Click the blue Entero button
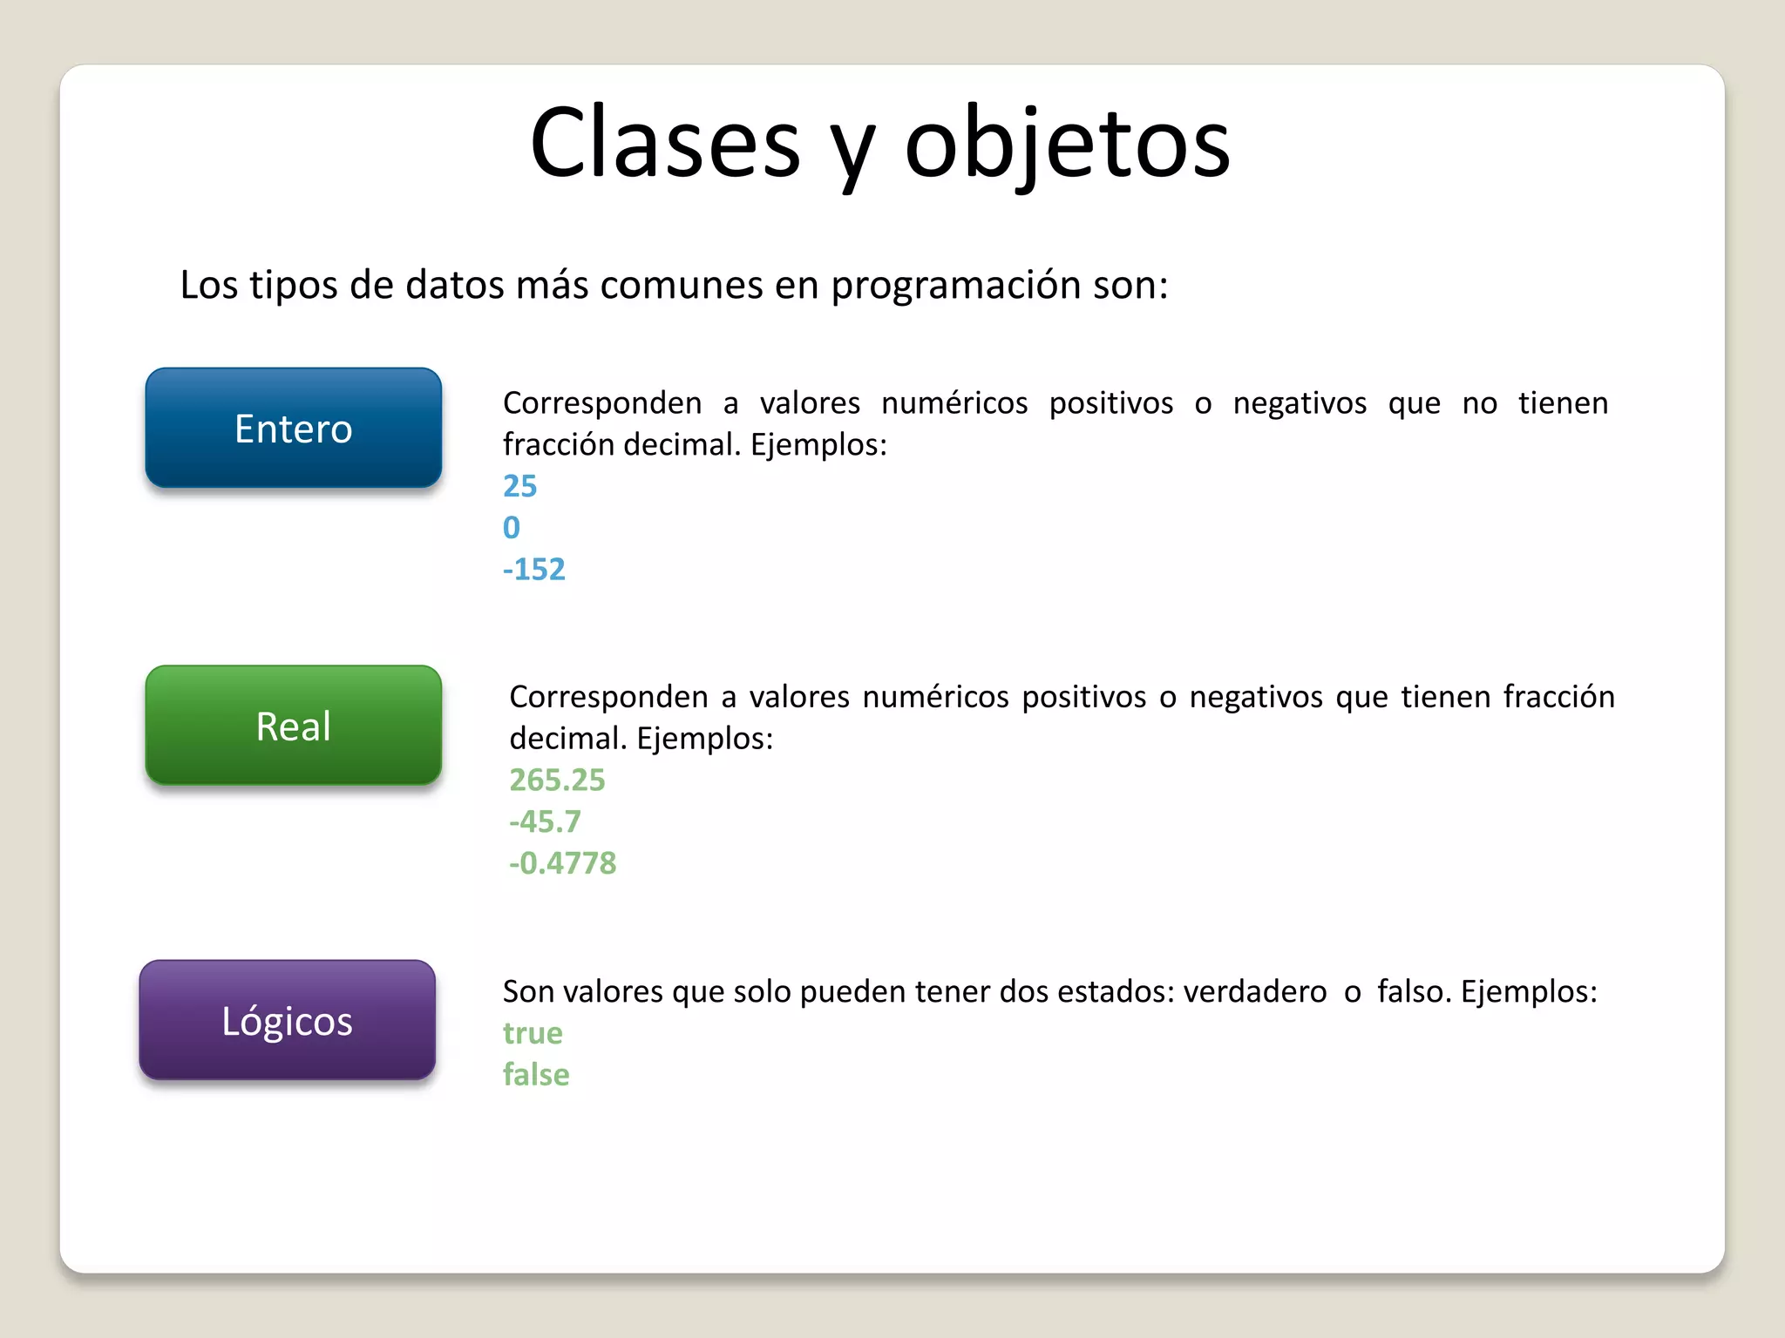point(294,428)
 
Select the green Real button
point(294,726)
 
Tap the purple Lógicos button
point(288,1020)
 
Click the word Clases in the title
point(665,144)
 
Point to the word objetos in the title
point(1067,144)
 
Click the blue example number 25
point(520,486)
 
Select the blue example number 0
point(512,528)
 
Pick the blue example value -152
point(534,570)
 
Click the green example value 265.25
point(557,780)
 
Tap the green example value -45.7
point(545,821)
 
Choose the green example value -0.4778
point(563,863)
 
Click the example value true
point(533,1033)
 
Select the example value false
point(536,1075)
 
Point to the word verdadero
point(1254,992)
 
